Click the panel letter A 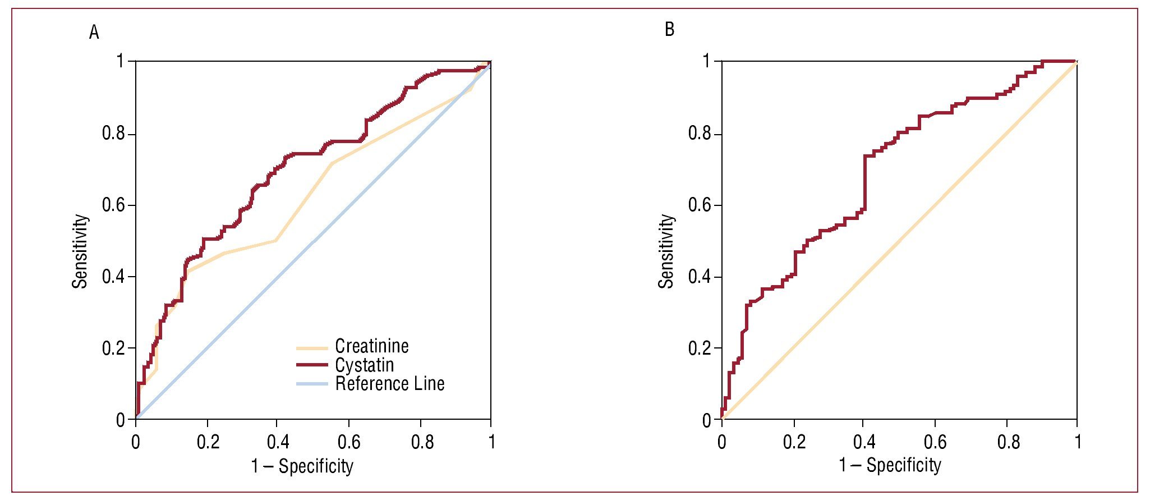(x=94, y=33)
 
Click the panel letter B (x=669, y=29)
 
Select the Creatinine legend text (x=371, y=346)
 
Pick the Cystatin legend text (x=364, y=365)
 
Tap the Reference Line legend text (x=389, y=384)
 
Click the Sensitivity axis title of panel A (x=80, y=251)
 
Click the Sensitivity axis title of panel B (x=666, y=251)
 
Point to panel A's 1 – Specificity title (x=302, y=466)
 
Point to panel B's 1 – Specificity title (x=890, y=465)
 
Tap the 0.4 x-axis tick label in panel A (x=278, y=442)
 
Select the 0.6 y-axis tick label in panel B (x=700, y=205)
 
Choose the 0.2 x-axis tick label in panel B (x=794, y=442)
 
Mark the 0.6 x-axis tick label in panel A (x=349, y=442)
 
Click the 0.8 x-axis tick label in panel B (x=1008, y=442)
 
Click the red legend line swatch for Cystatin (x=312, y=365)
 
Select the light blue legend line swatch (x=312, y=384)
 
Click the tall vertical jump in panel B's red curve (x=864, y=182)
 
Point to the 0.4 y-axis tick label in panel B (x=700, y=277)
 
